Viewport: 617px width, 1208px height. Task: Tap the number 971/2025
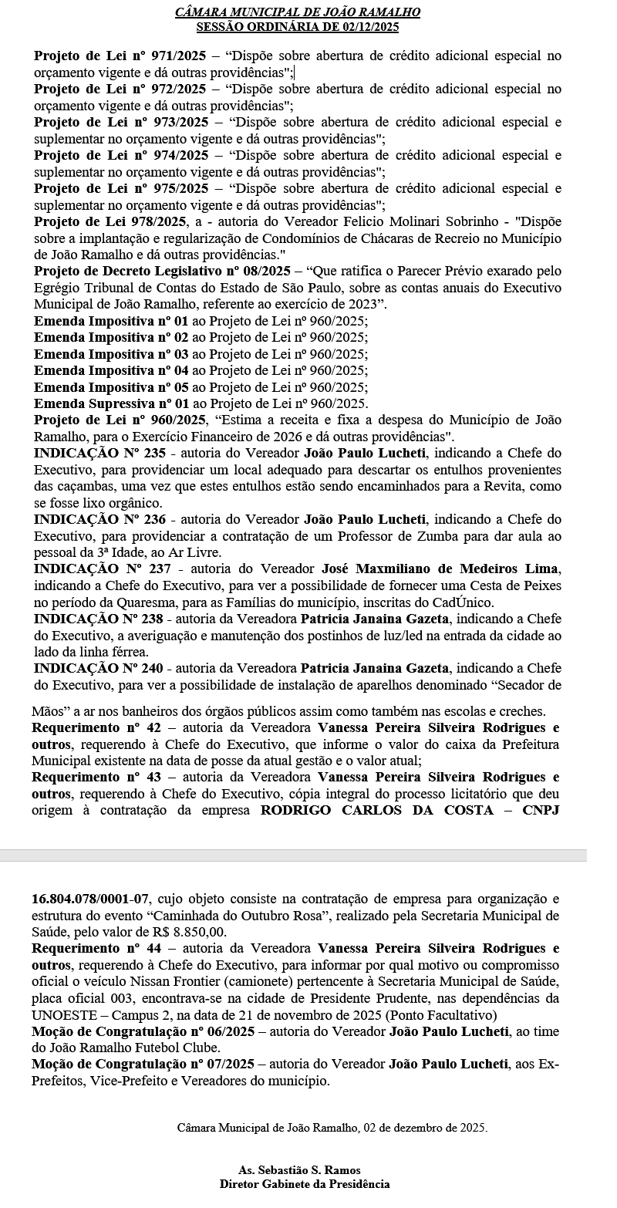coord(174,56)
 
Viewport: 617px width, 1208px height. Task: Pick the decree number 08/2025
coord(256,272)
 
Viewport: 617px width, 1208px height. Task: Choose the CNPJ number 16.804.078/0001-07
coord(89,899)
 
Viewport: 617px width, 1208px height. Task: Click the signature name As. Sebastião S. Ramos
coord(299,1170)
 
